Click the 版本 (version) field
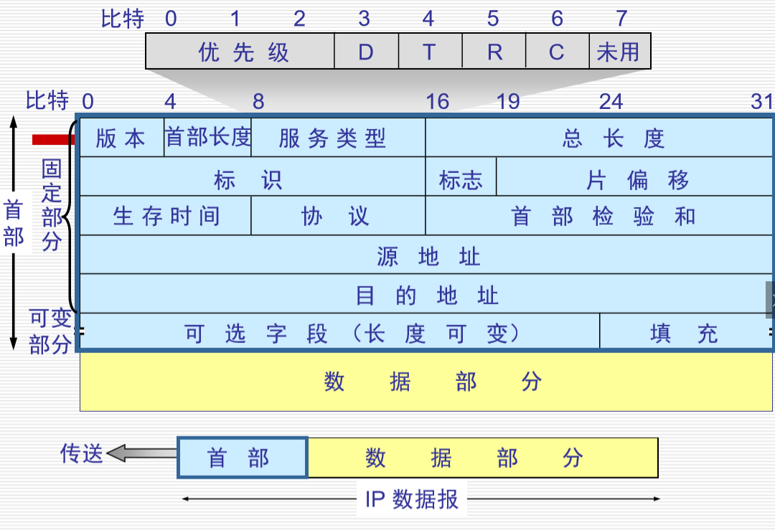point(121,138)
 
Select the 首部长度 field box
point(208,136)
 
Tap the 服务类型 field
point(338,138)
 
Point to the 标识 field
point(251,179)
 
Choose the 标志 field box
point(461,179)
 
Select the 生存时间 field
point(165,216)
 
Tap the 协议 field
point(338,216)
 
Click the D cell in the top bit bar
point(366,52)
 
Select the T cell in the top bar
point(430,52)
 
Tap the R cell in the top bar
point(494,52)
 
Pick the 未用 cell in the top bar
point(619,52)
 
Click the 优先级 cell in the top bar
point(240,52)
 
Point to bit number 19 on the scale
point(508,102)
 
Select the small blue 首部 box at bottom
point(243,457)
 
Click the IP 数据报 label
point(412,499)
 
